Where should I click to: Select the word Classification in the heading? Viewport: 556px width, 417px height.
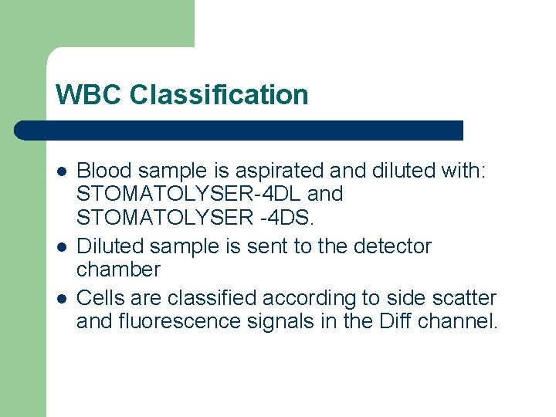pyautogui.click(x=219, y=95)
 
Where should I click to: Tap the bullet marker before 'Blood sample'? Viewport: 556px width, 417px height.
pyautogui.click(x=61, y=171)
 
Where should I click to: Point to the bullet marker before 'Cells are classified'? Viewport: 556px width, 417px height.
pyautogui.click(x=61, y=298)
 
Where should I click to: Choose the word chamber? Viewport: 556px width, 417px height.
pyautogui.click(x=118, y=270)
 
